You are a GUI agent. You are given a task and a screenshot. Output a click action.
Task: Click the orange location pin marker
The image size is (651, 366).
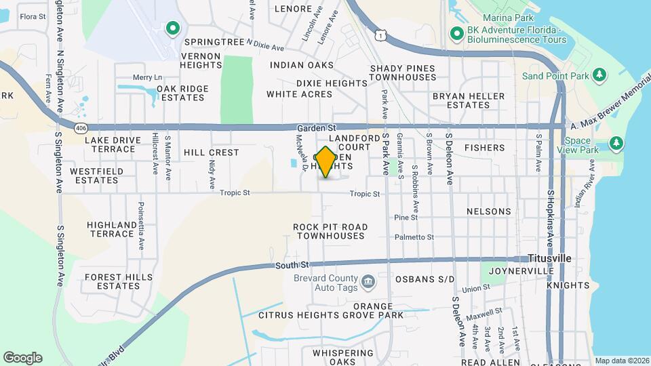(x=325, y=161)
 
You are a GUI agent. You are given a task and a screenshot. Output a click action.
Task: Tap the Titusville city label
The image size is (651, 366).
(x=550, y=259)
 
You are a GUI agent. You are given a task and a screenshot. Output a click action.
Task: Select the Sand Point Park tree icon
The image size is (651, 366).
(x=599, y=74)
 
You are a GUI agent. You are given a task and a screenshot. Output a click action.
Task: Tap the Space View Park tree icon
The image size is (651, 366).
(x=616, y=143)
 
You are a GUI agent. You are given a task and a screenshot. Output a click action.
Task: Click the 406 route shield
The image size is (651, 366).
(x=81, y=127)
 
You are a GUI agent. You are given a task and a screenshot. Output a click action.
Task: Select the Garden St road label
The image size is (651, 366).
(x=317, y=127)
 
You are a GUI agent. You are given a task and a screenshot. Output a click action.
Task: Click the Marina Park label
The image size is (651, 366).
(x=509, y=16)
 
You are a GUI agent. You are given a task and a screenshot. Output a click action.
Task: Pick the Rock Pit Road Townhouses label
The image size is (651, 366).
(x=330, y=231)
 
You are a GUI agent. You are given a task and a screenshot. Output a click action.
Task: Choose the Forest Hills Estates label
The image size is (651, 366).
(x=113, y=281)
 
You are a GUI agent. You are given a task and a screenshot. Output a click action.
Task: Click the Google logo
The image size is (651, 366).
(x=22, y=357)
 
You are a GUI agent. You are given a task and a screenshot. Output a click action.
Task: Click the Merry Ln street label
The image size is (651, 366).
(x=148, y=77)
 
